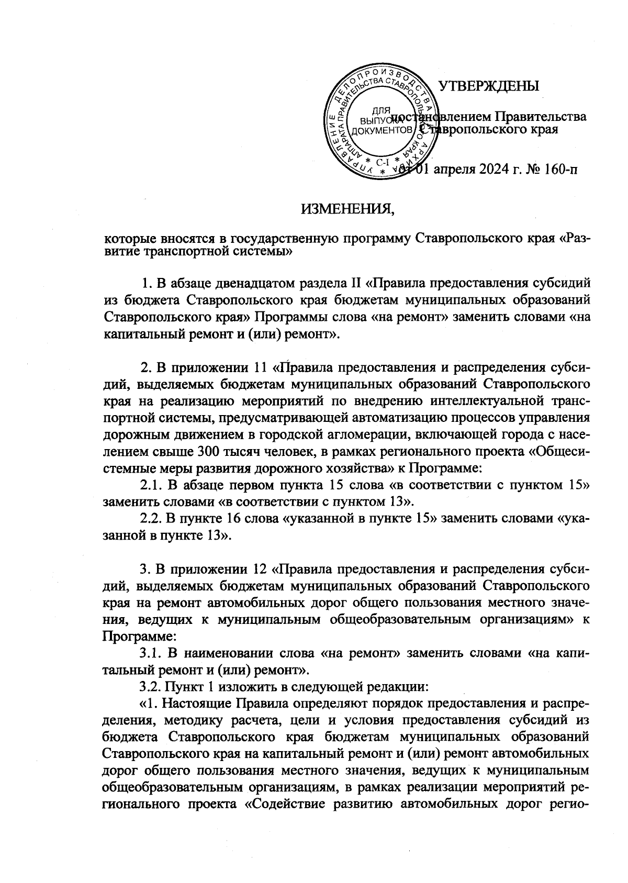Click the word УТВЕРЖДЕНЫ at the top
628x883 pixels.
(x=488, y=86)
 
